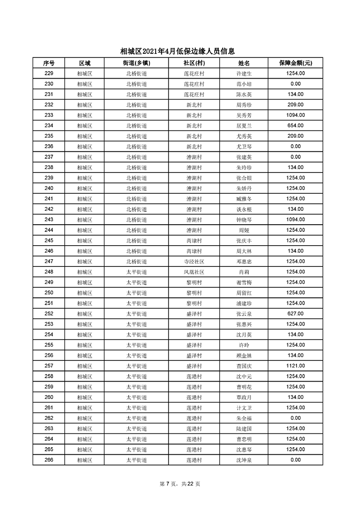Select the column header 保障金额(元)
[x=296, y=63]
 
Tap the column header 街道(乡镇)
[x=137, y=63]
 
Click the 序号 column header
[x=49, y=63]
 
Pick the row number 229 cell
[x=49, y=73]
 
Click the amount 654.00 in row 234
[x=296, y=126]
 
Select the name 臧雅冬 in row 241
[x=244, y=199]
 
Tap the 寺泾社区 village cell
[x=194, y=262]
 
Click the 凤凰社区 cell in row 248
[x=194, y=272]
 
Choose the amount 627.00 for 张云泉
[x=296, y=314]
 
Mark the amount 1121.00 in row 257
[x=296, y=366]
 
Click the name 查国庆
[x=244, y=366]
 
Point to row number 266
[x=49, y=460]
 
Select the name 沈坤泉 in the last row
[x=244, y=460]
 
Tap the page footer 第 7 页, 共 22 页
[x=180, y=484]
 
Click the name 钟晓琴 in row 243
[x=244, y=220]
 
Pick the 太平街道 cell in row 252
[x=137, y=314]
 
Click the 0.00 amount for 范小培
[x=296, y=84]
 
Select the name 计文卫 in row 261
[x=244, y=408]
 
